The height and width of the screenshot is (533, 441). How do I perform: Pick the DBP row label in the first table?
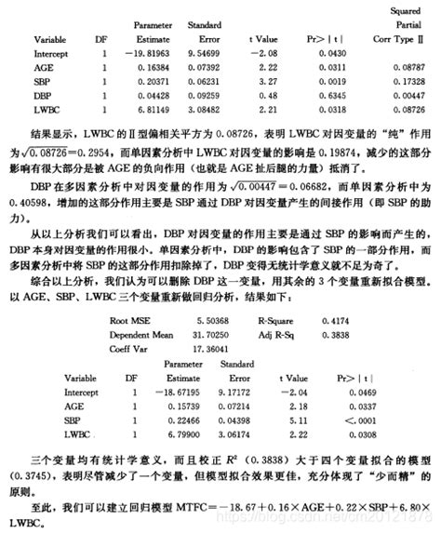pyautogui.click(x=43, y=96)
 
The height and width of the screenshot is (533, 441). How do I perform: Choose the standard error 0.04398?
pyautogui.click(x=221, y=420)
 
